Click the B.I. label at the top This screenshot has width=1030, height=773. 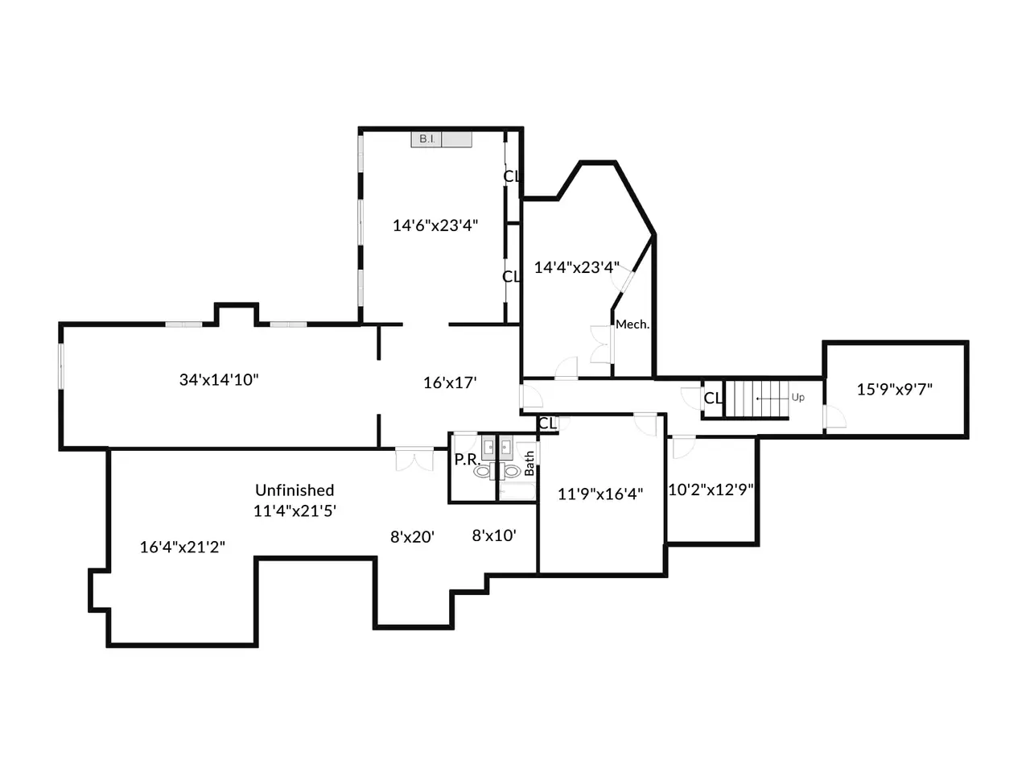point(426,139)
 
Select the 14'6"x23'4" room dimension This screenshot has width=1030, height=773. point(435,225)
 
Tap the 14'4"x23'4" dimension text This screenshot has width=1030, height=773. point(577,267)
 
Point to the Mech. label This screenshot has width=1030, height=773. point(632,324)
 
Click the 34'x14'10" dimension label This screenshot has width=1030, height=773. point(219,380)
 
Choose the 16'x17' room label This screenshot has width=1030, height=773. point(450,383)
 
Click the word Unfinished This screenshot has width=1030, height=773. point(295,490)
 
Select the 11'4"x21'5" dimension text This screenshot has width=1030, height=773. point(295,511)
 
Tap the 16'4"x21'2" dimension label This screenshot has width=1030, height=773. point(183,547)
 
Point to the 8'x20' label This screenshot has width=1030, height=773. point(413,536)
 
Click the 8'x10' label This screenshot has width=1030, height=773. point(494,535)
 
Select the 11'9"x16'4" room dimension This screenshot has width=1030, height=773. point(600,494)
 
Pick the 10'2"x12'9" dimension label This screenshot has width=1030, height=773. point(711,490)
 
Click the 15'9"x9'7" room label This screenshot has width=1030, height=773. point(894,390)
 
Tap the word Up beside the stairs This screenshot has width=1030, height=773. point(797,398)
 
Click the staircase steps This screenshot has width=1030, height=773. point(756,399)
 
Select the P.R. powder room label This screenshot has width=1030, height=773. point(467,460)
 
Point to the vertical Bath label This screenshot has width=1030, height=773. point(529,464)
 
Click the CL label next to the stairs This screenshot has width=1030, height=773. point(713,399)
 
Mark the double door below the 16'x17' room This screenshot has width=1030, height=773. point(414,459)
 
